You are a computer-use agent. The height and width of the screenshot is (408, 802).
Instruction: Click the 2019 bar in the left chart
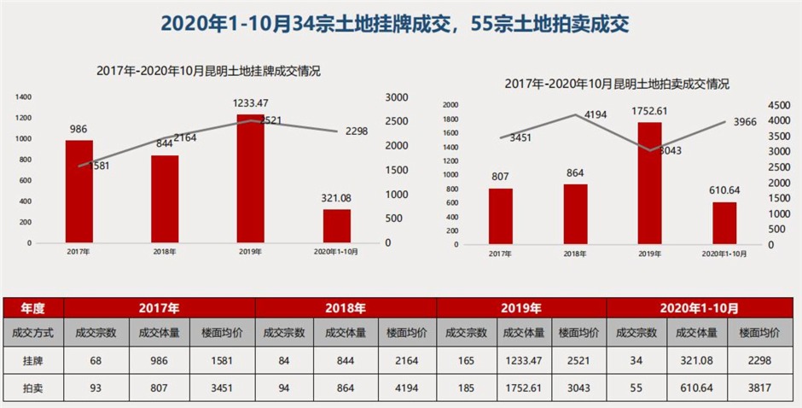tap(250, 179)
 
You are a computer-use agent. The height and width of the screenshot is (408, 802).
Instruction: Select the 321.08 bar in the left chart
tap(336, 226)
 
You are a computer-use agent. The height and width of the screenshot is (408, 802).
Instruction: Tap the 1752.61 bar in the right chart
tap(650, 184)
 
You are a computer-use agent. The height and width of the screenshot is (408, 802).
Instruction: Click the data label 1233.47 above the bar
tap(251, 104)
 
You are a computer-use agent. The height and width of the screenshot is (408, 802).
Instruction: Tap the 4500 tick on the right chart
tap(780, 105)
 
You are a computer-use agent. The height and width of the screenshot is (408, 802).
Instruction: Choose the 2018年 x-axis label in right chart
tap(575, 254)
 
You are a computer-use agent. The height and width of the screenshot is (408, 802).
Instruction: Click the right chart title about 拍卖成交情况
tap(617, 84)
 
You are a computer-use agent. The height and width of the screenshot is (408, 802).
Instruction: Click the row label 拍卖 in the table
tap(32, 388)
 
